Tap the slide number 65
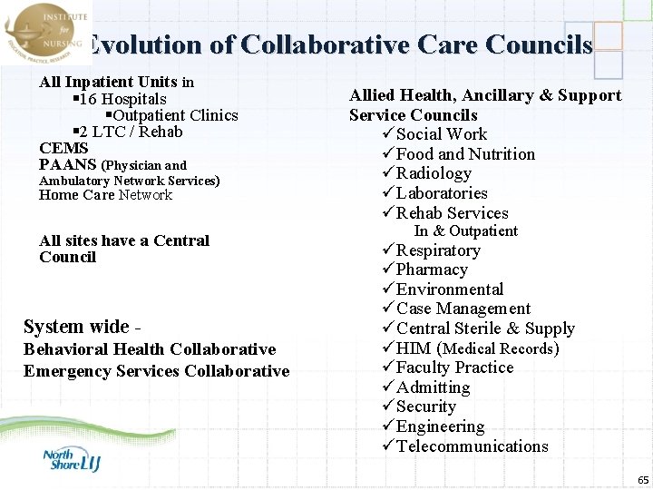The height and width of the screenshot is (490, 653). click(x=643, y=479)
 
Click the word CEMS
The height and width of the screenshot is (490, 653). click(x=63, y=148)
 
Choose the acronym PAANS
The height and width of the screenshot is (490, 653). click(x=68, y=164)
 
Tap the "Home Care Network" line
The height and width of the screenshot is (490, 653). click(x=105, y=195)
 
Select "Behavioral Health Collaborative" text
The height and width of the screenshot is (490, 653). click(x=150, y=349)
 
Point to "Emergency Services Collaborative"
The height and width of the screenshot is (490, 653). click(x=156, y=371)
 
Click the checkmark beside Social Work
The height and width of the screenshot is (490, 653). click(x=387, y=135)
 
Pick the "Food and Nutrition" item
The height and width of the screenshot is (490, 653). click(x=465, y=154)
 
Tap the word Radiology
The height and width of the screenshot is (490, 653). click(x=434, y=173)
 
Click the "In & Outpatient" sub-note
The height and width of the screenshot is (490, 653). click(x=465, y=231)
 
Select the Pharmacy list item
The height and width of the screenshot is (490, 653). click(x=432, y=269)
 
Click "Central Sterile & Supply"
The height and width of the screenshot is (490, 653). click(x=485, y=328)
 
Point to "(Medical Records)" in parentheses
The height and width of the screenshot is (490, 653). click(x=501, y=348)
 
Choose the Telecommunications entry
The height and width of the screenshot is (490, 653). click(x=472, y=446)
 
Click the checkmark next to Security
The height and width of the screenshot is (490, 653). click(x=387, y=407)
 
